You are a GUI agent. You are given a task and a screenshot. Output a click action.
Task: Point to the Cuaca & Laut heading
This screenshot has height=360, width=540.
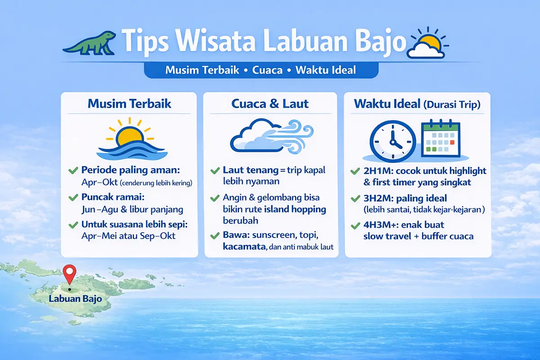pos(270,104)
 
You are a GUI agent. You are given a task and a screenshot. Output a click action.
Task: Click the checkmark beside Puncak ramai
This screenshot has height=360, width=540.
pos(72,198)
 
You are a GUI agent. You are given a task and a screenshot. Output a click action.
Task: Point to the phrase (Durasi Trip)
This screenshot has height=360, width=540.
pos(452,105)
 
